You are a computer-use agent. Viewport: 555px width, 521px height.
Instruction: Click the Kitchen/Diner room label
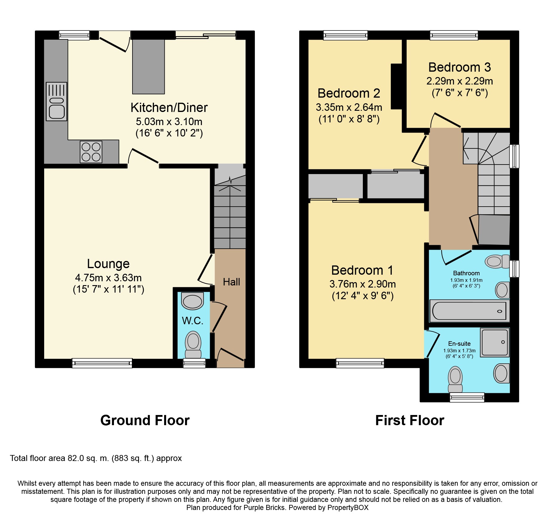pos(169,108)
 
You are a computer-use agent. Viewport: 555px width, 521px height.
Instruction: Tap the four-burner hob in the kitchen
pos(91,152)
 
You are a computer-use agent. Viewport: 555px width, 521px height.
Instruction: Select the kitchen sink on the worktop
pos(56,102)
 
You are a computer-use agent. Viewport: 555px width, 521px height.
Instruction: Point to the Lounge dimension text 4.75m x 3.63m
pos(108,278)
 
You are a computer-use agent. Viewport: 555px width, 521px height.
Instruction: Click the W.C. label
pos(192,321)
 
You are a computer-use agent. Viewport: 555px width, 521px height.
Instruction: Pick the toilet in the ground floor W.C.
pos(193,345)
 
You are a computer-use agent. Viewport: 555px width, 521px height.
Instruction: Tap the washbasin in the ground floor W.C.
pos(192,301)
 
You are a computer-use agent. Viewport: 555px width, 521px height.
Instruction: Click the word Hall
pos(231,282)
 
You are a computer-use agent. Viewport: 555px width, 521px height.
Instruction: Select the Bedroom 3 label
pos(460,67)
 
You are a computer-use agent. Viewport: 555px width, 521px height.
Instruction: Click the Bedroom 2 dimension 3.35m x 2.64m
pos(349,107)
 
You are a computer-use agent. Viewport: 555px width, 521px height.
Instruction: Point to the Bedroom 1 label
pos(362,270)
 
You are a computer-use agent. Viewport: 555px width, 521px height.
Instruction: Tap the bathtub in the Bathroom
pos(469,311)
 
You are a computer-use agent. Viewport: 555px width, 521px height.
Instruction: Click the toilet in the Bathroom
pos(497,262)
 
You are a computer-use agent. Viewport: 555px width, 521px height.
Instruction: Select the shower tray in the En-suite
pos(494,342)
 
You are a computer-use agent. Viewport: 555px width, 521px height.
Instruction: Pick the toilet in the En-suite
pos(455,379)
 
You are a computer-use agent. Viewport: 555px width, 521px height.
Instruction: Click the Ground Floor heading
pos(145,420)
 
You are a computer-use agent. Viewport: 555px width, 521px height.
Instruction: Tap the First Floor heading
pos(410,420)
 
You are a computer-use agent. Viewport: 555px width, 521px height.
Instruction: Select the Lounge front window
pos(102,363)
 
